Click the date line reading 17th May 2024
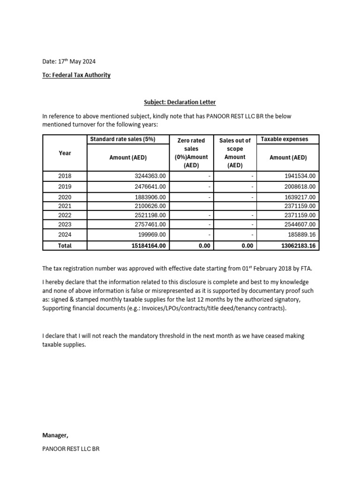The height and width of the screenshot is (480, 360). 69,61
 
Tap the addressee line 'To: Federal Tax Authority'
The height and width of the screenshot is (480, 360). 76,75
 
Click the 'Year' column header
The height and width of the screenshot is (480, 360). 65,153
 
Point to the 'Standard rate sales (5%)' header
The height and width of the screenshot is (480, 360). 122,139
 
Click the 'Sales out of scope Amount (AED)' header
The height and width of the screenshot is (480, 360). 235,153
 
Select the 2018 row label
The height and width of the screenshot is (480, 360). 65,176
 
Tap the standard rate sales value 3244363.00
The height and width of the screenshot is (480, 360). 150,176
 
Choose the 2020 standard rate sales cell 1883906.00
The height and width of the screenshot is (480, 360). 150,197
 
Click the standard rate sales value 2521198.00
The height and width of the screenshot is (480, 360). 150,215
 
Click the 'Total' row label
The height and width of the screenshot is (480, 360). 65,246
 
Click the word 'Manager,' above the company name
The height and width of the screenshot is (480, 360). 55,435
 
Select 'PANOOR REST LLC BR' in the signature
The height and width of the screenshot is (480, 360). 71,449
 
